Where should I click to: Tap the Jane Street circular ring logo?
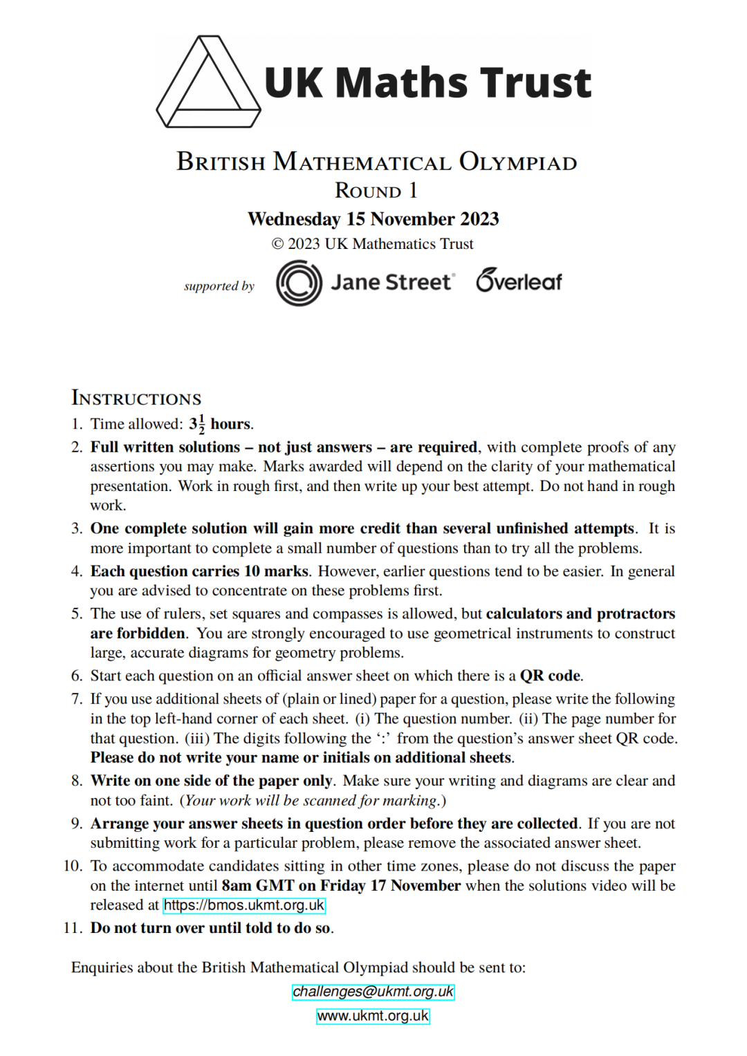[299, 283]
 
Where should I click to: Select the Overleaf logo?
[519, 281]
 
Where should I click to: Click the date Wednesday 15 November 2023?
[373, 219]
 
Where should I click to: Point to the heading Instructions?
[136, 398]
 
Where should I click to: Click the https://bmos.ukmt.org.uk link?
[243, 905]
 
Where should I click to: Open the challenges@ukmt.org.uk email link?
[373, 992]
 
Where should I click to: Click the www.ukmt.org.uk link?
[373, 1016]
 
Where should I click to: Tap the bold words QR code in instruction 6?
[551, 676]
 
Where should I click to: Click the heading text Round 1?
[376, 190]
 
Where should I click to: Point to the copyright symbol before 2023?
[277, 244]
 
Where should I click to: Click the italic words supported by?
[219, 286]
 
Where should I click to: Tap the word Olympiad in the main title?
[518, 162]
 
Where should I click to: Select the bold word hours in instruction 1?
[231, 424]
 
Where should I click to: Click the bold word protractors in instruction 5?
[636, 614]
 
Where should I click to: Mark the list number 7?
[76, 699]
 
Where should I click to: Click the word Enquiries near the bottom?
[102, 967]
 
